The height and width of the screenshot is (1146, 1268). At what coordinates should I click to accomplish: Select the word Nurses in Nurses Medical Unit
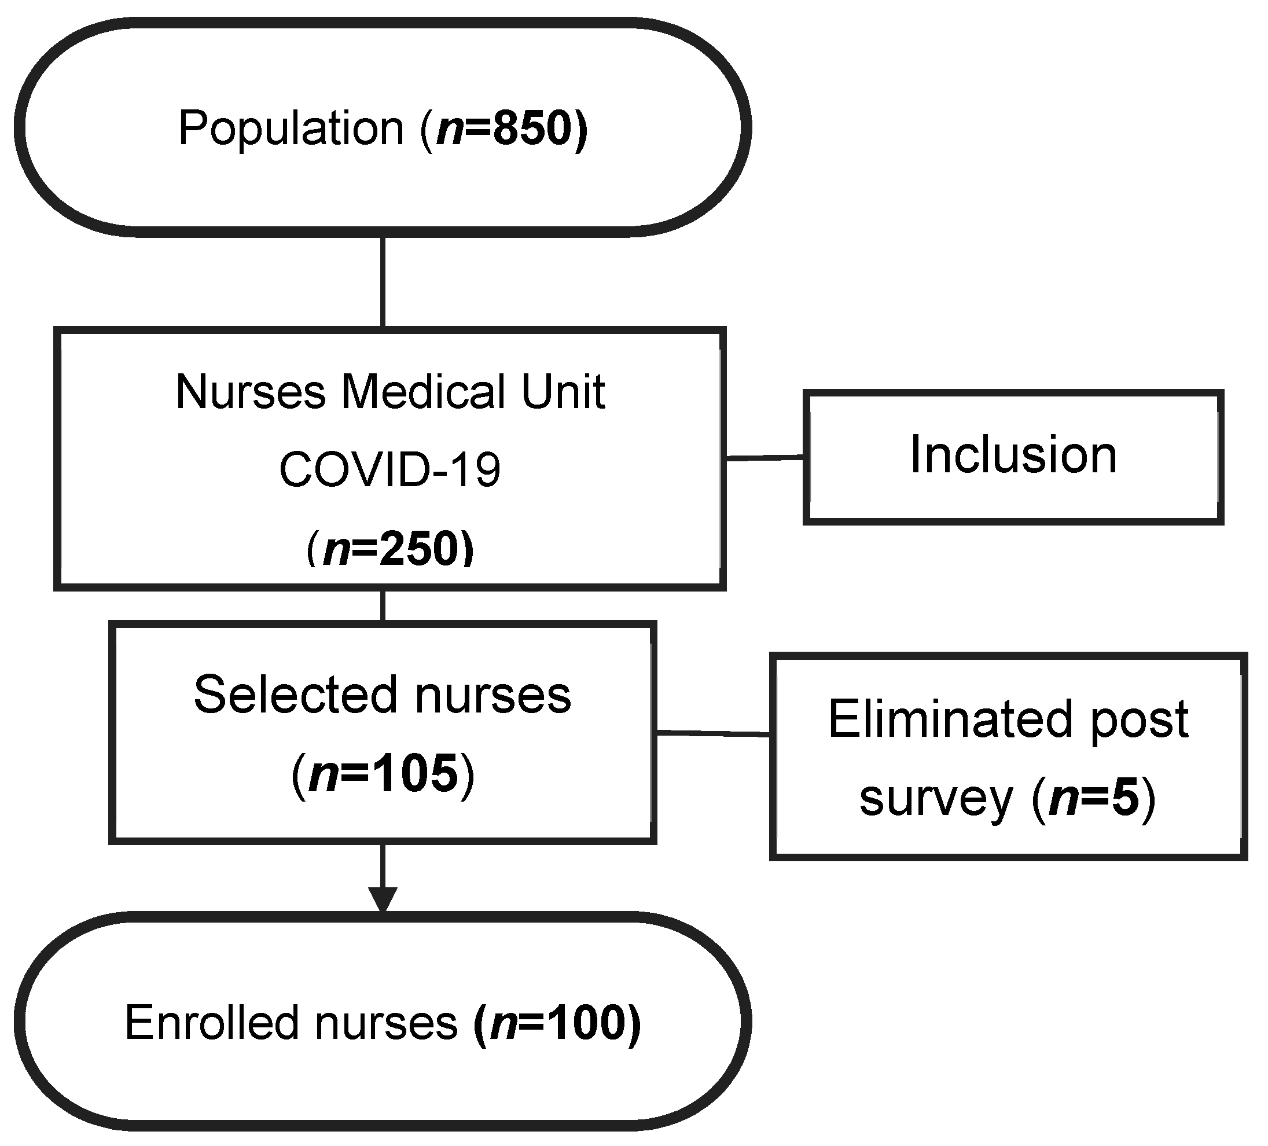click(x=251, y=392)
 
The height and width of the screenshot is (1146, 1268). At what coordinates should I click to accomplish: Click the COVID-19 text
click(x=389, y=470)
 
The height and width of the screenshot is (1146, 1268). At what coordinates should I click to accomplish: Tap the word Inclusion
click(x=1013, y=455)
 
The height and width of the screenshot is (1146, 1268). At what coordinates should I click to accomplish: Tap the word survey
click(x=936, y=798)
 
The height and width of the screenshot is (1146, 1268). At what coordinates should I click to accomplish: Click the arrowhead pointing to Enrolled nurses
click(x=383, y=899)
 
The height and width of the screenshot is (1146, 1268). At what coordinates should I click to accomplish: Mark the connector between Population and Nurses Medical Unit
click(x=383, y=282)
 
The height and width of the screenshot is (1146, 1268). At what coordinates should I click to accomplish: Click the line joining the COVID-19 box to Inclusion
click(x=764, y=458)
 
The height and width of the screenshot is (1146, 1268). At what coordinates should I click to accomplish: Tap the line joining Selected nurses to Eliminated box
click(x=712, y=733)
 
